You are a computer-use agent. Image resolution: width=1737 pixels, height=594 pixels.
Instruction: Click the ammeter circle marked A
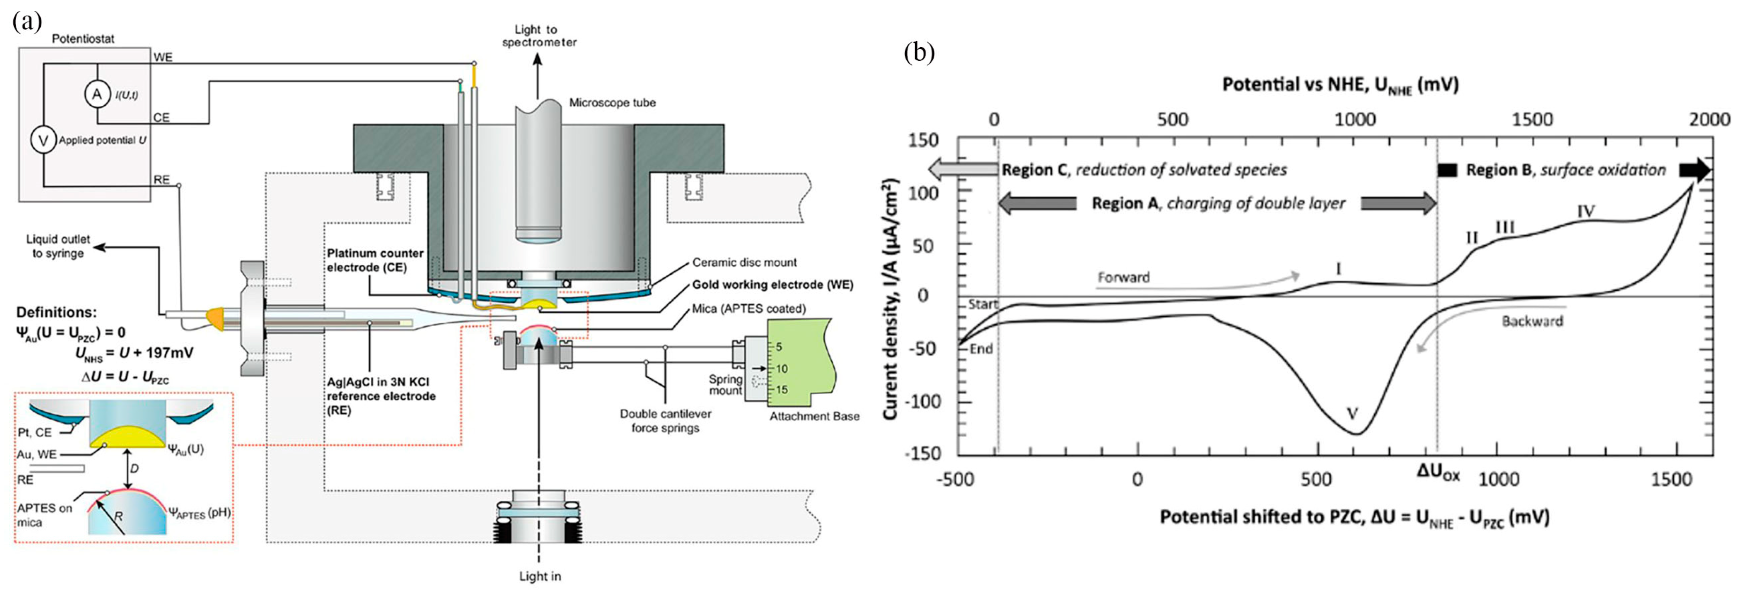[x=97, y=94]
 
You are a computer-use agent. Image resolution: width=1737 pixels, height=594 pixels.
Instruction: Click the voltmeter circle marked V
[x=44, y=140]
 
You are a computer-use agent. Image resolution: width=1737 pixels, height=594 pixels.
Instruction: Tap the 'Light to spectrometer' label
[x=539, y=36]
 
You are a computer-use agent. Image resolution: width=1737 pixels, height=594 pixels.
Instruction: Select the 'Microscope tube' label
[x=612, y=103]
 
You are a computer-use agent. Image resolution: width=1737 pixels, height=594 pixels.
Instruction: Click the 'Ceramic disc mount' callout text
[x=744, y=262]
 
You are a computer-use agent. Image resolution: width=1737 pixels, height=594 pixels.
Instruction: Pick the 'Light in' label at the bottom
[x=540, y=576]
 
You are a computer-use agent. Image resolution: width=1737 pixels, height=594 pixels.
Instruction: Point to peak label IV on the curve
[x=1586, y=212]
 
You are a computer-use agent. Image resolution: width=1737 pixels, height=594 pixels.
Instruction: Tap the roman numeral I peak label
[x=1339, y=269]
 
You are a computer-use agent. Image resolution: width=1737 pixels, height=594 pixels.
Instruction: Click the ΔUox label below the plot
[x=1438, y=473]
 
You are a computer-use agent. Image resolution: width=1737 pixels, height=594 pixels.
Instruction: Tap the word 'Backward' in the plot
[x=1532, y=321]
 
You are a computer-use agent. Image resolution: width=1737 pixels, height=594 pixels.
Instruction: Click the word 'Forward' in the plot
[x=1123, y=277]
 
